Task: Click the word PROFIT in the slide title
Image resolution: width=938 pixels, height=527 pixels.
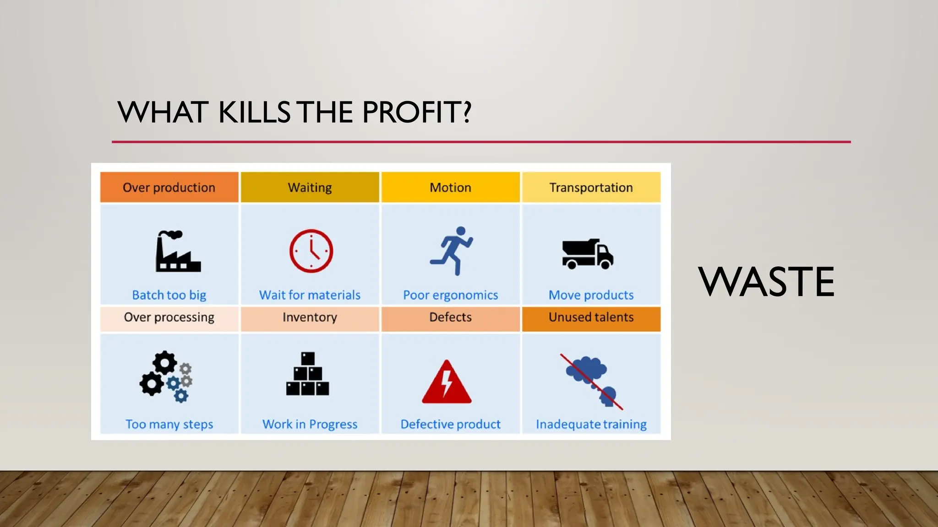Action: (416, 113)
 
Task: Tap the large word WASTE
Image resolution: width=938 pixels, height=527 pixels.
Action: (766, 282)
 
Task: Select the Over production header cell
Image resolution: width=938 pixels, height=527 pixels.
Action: (169, 188)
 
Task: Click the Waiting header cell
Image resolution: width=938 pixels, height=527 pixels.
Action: (310, 188)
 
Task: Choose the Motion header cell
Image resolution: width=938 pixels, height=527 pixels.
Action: (451, 188)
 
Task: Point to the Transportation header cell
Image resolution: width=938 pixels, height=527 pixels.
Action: (591, 188)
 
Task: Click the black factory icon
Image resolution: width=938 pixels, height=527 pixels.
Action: (178, 252)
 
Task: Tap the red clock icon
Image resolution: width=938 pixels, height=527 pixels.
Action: (311, 251)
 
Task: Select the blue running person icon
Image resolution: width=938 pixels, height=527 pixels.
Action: (452, 251)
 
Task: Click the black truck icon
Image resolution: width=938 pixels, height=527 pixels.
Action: (588, 254)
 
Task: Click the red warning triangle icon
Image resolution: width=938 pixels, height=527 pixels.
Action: (447, 382)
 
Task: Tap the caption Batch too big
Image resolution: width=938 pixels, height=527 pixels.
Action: (169, 295)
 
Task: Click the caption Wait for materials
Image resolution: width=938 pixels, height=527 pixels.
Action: (310, 295)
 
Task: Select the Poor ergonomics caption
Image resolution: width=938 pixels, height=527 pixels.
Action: (451, 295)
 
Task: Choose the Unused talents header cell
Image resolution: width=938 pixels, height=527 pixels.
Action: (591, 317)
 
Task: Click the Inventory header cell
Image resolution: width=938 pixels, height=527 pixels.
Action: (310, 317)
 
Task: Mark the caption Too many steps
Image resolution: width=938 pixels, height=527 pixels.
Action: (169, 425)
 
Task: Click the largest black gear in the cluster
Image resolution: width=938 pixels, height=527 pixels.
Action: (164, 363)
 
